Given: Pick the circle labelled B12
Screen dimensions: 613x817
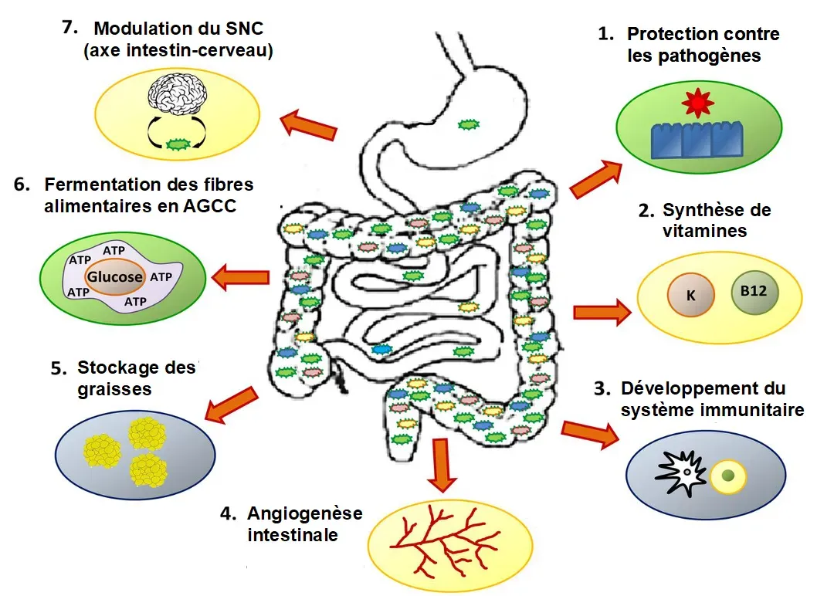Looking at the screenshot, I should (x=754, y=293).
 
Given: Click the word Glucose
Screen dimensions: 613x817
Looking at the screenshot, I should (x=114, y=276).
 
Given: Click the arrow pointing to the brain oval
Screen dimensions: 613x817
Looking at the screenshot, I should (x=309, y=125).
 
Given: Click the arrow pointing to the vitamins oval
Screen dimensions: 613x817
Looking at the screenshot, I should (x=602, y=312).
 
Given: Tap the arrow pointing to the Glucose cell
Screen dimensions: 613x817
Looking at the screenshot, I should (x=240, y=276).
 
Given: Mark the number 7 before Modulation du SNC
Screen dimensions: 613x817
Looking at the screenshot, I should (x=70, y=27).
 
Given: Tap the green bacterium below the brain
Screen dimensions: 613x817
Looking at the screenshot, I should (x=178, y=143).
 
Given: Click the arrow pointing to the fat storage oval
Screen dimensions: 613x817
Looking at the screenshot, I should (x=232, y=405).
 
